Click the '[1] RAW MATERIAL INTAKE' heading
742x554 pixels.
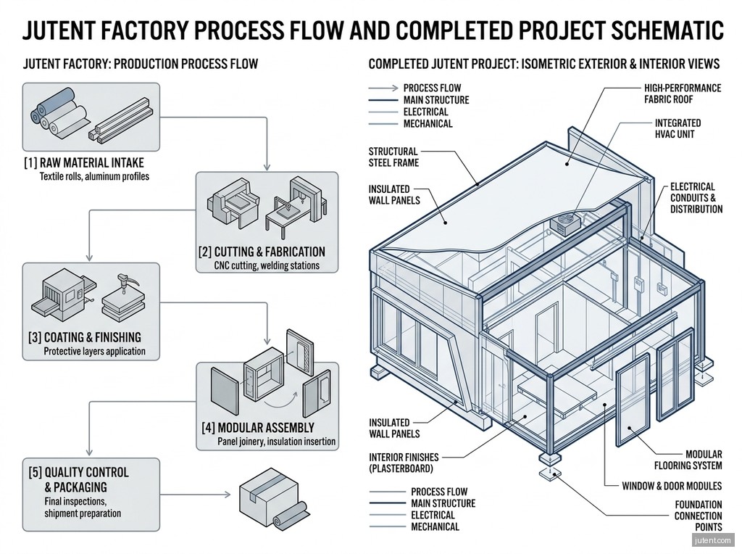coord(83,162)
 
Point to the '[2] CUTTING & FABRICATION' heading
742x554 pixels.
coord(261,252)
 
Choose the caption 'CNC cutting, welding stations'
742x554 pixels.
coord(267,266)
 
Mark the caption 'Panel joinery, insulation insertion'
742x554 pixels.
coord(276,441)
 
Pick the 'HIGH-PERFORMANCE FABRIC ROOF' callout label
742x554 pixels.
coord(682,94)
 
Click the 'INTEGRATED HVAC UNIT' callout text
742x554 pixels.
coord(678,129)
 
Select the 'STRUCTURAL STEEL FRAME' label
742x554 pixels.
coord(393,157)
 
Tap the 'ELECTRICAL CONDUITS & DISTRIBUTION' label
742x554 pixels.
coord(696,198)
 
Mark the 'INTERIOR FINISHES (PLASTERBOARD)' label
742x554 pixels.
coord(404,463)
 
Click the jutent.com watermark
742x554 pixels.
coord(713,540)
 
